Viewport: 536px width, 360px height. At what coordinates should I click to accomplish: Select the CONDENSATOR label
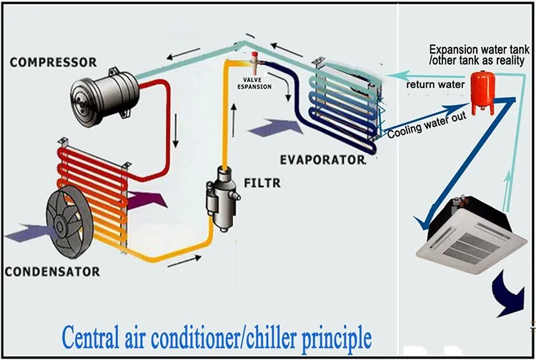pos(51,272)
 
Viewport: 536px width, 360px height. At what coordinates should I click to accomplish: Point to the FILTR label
pos(261,184)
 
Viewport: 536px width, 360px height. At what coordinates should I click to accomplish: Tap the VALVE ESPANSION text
pos(255,82)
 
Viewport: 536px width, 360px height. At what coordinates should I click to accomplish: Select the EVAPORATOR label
pos(322,161)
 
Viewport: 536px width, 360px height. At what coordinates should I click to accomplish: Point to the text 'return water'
pos(436,85)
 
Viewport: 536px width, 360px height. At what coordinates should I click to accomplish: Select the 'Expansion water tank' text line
pos(479,49)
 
